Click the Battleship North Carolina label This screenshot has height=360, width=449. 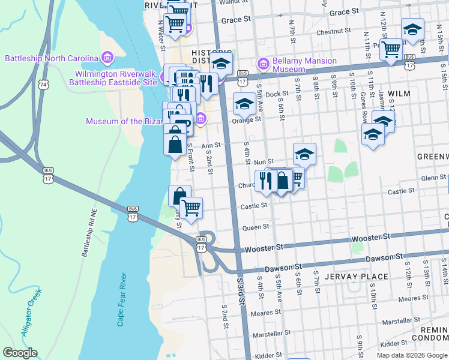[x=52, y=58]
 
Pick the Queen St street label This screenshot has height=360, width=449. [x=255, y=227]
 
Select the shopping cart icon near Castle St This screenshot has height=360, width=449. [x=191, y=208]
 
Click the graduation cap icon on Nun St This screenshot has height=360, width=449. [x=304, y=154]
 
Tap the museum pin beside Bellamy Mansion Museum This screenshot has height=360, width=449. [x=262, y=63]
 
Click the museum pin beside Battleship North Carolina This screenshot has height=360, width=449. [x=107, y=58]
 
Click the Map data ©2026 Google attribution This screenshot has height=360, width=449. [x=412, y=355]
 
